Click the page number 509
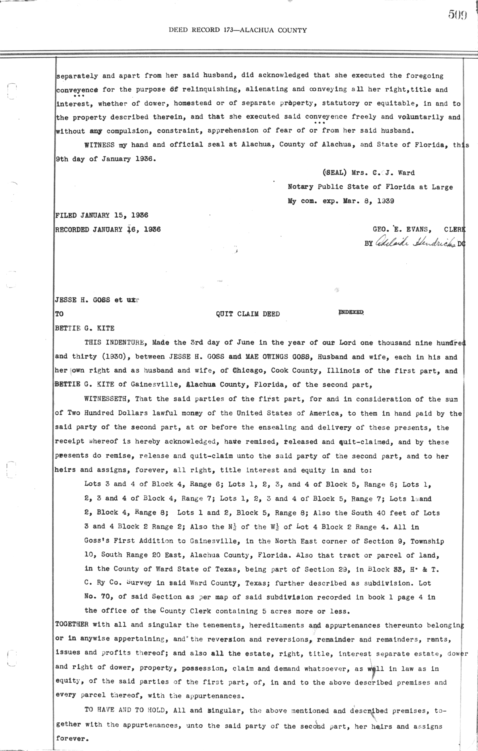click(457, 15)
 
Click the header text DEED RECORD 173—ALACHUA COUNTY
click(238, 30)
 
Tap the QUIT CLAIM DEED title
click(248, 314)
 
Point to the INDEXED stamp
click(351, 313)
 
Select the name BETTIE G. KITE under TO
click(84, 328)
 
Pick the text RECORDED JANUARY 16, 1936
click(108, 230)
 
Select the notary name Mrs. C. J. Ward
click(383, 173)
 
